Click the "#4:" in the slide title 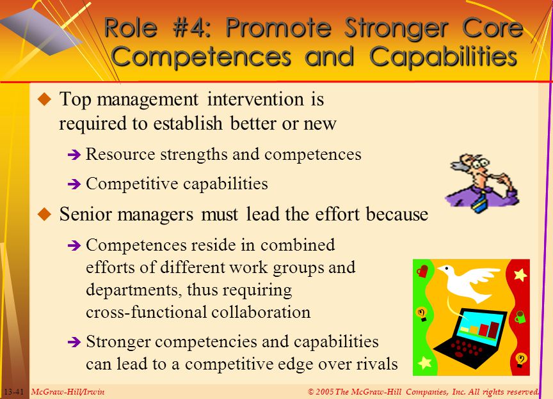click(192, 28)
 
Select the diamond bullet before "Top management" click(45, 99)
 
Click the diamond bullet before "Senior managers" click(45, 214)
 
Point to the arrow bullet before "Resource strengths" click(74, 155)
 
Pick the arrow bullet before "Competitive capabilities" click(74, 184)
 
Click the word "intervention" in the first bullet click(255, 99)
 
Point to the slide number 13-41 click(14, 392)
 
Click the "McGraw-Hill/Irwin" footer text click(68, 392)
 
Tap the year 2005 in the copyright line click(324, 391)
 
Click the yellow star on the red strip click(520, 274)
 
